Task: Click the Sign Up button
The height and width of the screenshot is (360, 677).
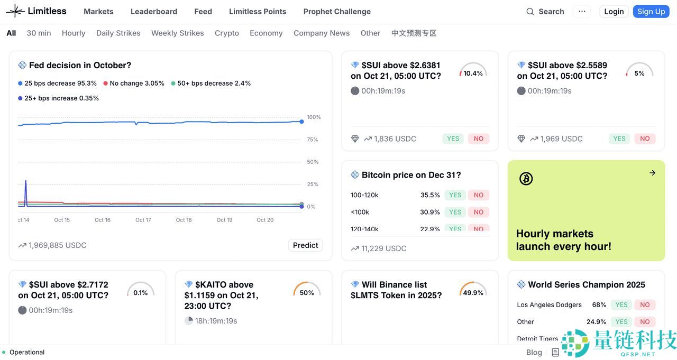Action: point(651,12)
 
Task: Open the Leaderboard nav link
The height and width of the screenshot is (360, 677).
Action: point(153,12)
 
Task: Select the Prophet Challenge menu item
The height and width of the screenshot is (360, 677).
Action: point(337,12)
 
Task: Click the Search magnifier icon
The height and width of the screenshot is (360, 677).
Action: point(530,12)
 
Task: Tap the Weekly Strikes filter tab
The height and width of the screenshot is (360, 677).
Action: point(177,33)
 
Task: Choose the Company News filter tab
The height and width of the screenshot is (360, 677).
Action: point(322,33)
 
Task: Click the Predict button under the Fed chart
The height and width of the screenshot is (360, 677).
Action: point(305,245)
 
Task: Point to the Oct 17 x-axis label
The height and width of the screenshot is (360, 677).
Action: point(143,220)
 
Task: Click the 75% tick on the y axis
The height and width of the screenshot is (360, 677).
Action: point(313,140)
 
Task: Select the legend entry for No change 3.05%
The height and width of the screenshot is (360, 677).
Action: point(134,84)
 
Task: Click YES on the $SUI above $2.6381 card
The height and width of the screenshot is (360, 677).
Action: point(453,139)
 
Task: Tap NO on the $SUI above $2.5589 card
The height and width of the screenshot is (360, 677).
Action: point(645,139)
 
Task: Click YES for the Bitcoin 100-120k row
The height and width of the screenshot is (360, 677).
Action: point(455,195)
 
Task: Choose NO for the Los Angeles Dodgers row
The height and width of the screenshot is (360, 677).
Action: point(645,304)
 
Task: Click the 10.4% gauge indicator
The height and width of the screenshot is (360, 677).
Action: point(473,72)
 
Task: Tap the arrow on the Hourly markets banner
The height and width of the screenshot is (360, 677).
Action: point(652,173)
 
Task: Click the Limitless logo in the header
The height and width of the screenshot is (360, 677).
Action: point(36,11)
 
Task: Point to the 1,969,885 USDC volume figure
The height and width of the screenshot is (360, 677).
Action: point(57,245)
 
